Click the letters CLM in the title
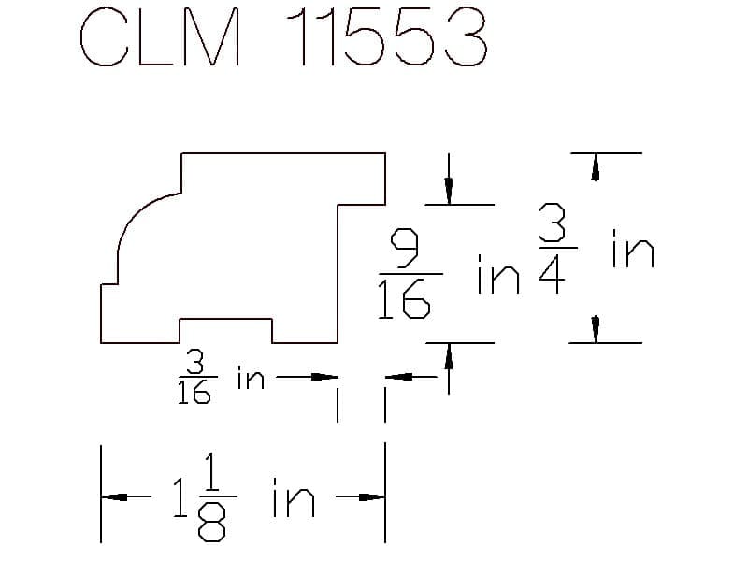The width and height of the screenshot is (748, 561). [x=160, y=36]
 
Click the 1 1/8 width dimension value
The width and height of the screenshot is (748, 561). [x=205, y=497]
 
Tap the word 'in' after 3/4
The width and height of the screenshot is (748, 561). [x=633, y=248]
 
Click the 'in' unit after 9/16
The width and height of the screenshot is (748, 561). [x=498, y=274]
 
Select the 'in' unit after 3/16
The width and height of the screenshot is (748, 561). [x=251, y=378]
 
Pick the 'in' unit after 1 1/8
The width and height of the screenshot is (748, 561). [x=294, y=497]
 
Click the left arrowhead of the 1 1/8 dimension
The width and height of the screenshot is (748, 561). [x=114, y=497]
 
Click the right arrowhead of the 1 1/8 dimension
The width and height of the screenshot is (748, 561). [x=371, y=497]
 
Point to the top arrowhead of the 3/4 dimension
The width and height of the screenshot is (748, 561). [x=596, y=167]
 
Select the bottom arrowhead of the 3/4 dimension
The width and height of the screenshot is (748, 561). [x=596, y=329]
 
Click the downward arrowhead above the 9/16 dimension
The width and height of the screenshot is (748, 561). [x=449, y=191]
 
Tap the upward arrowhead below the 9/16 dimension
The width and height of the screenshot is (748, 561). [x=449, y=356]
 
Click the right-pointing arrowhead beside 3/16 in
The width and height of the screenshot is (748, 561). [x=324, y=377]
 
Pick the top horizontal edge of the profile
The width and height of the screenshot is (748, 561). [x=283, y=153]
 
